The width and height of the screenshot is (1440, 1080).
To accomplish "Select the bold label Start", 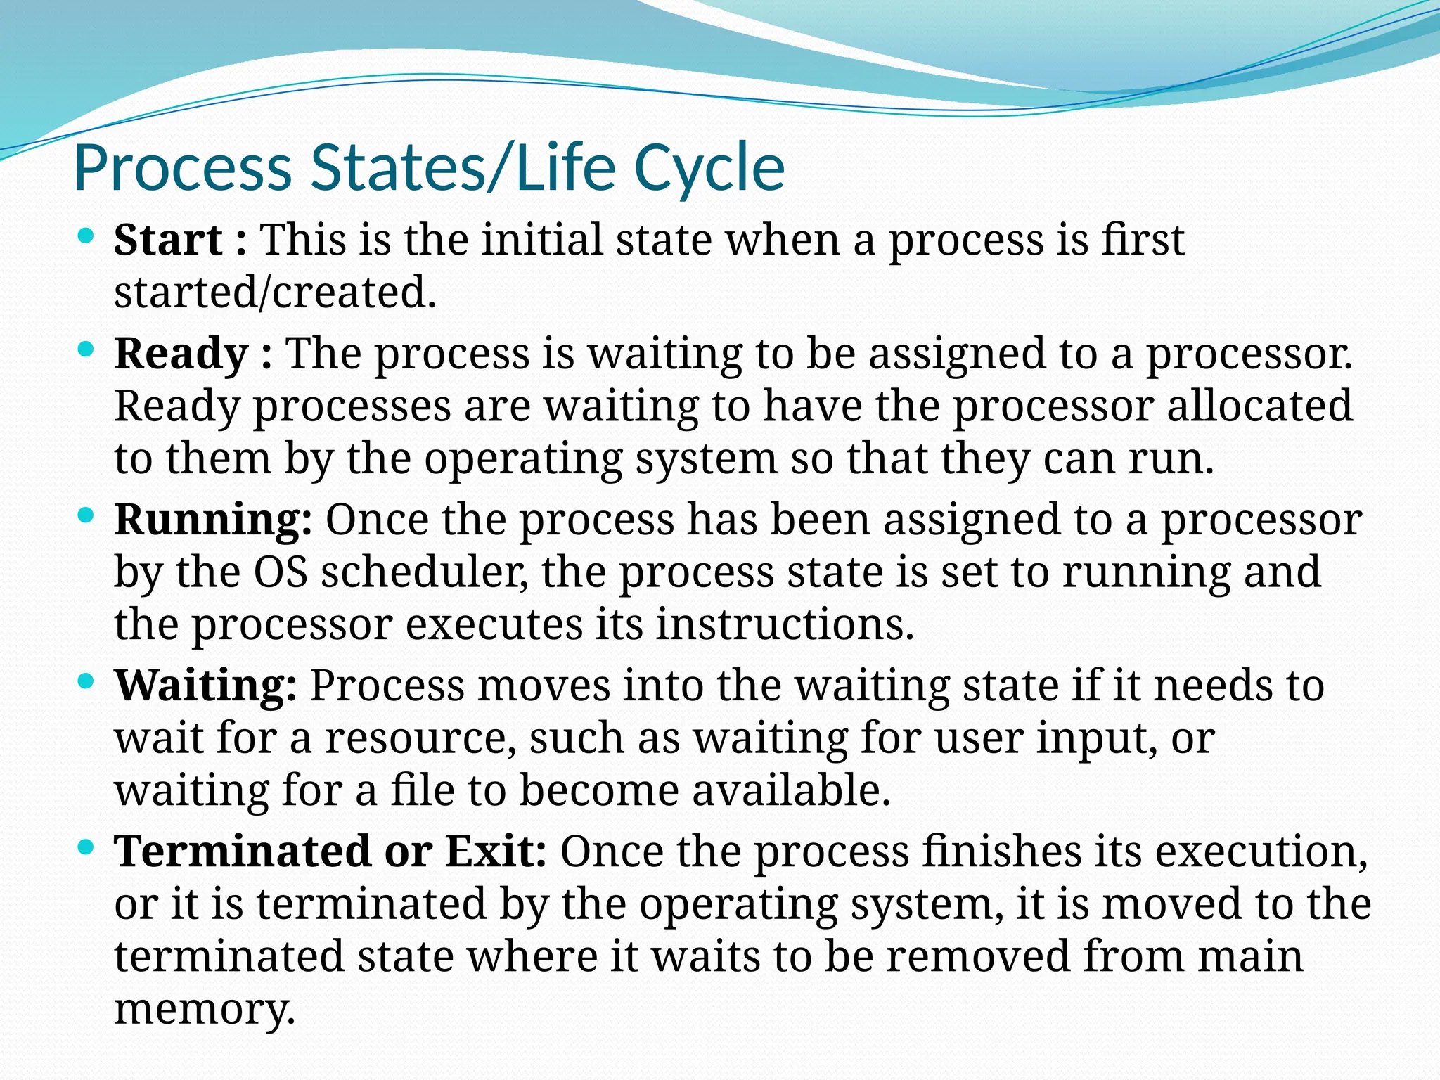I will [168, 240].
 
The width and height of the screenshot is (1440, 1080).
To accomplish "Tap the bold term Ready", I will [181, 354].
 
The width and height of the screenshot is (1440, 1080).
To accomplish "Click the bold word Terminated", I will [243, 851].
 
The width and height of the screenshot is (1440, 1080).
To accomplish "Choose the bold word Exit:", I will [496, 851].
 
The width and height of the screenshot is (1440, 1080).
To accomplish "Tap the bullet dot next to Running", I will [86, 515].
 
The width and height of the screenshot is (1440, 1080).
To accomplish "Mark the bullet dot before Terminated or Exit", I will [86, 847].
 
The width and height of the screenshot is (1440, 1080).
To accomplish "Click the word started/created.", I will [275, 292].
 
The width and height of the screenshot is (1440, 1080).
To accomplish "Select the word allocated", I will [1259, 406].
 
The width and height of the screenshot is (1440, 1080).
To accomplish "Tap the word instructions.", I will [784, 624].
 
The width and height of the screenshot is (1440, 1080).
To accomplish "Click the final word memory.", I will [204, 1010].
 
